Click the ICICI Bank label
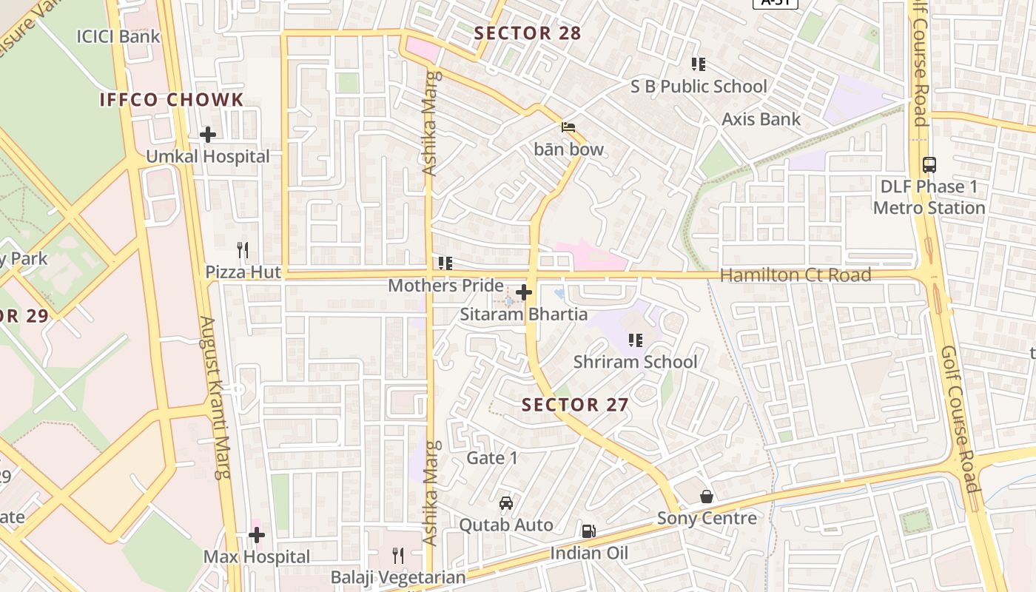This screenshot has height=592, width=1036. tap(118, 36)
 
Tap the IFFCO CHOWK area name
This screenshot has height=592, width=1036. tap(172, 100)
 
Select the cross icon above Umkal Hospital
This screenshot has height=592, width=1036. tap(208, 135)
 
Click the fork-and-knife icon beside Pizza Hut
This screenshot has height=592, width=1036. tap(242, 249)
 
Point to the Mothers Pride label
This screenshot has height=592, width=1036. tap(445, 286)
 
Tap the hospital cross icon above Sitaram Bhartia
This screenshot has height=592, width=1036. tap(524, 292)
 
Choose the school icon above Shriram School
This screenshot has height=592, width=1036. tap(635, 340)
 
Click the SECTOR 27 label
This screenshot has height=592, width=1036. tap(575, 405)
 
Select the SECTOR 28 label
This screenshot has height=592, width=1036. tap(528, 33)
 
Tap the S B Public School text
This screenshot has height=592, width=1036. tap(699, 87)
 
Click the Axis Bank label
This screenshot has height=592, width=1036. tap(761, 119)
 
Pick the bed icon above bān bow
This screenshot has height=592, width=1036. tap(568, 127)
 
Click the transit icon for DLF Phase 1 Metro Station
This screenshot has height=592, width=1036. tap(929, 165)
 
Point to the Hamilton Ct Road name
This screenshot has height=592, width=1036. tap(795, 275)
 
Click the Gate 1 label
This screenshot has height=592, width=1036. tap(492, 458)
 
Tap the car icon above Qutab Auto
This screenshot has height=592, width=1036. tap(506, 503)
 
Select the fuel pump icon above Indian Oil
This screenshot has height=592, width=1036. tap(588, 531)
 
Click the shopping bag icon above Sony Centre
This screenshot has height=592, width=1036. tap(707, 497)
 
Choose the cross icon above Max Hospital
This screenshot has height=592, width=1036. tap(257, 534)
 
